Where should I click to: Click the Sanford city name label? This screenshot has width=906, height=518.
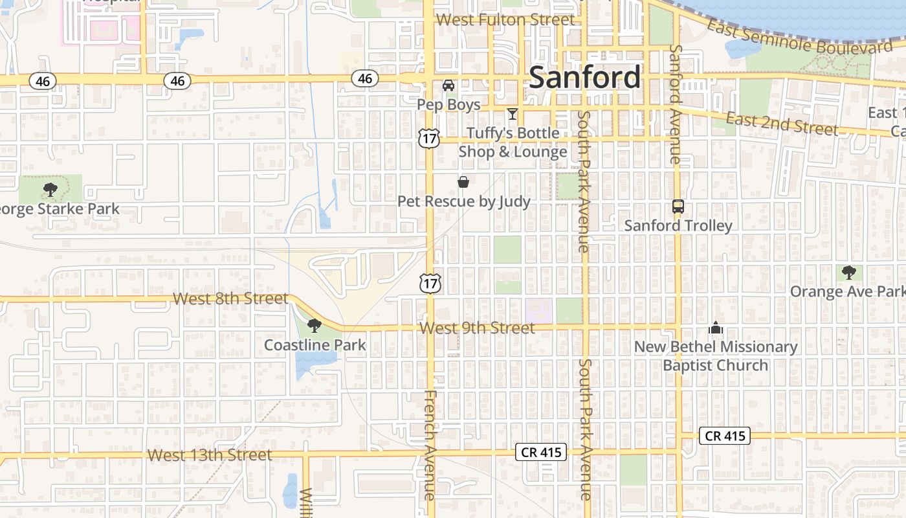585,78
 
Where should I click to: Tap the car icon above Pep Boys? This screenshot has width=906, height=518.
448,85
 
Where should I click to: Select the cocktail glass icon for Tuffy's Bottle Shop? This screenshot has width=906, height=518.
513,115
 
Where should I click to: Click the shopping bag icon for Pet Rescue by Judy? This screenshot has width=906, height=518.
463,182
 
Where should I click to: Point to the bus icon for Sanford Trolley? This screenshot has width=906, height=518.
678,207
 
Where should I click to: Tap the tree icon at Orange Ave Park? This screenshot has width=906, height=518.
848,273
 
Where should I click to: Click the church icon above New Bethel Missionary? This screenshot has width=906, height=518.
715,328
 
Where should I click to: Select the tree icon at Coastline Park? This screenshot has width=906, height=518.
315,326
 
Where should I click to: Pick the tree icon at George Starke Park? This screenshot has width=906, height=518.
50,190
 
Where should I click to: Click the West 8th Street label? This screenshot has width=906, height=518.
230,298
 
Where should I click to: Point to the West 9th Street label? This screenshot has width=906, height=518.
477,328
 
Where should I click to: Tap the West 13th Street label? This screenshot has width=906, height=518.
210,455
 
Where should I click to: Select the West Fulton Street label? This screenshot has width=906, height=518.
505,19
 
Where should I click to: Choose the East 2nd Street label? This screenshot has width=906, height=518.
781,123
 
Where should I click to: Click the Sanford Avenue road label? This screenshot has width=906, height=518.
675,104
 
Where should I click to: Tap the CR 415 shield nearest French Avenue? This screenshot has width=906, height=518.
541,452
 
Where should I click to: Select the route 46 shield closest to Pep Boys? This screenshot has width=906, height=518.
365,78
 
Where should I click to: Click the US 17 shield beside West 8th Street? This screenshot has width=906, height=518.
429,282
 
